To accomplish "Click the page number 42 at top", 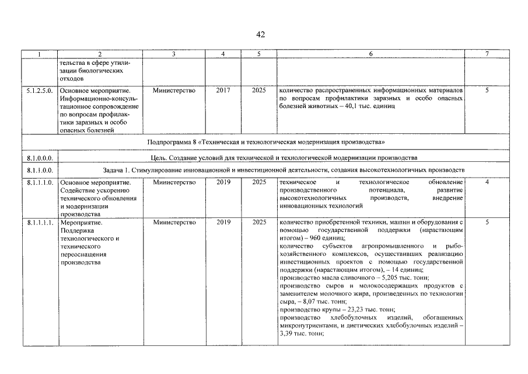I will click(261, 34).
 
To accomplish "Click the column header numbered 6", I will click(370, 54).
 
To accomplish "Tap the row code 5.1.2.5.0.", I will click(39, 91).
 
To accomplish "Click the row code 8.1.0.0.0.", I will click(39, 158).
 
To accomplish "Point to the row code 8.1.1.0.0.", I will click(39, 170).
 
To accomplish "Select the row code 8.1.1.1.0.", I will click(39, 182).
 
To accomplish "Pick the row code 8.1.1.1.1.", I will click(39, 223).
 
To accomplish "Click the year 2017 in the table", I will click(223, 91).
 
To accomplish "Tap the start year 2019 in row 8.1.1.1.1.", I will click(223, 223).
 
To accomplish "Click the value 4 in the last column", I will click(487, 182).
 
